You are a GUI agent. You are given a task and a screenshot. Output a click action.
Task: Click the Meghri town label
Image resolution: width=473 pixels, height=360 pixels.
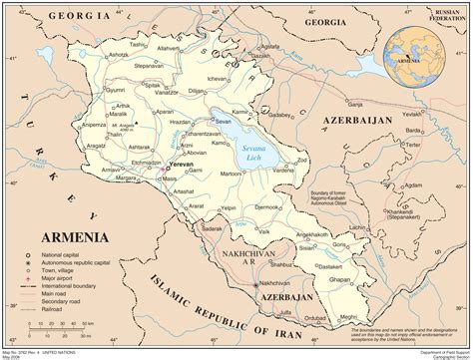tap(347, 316)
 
